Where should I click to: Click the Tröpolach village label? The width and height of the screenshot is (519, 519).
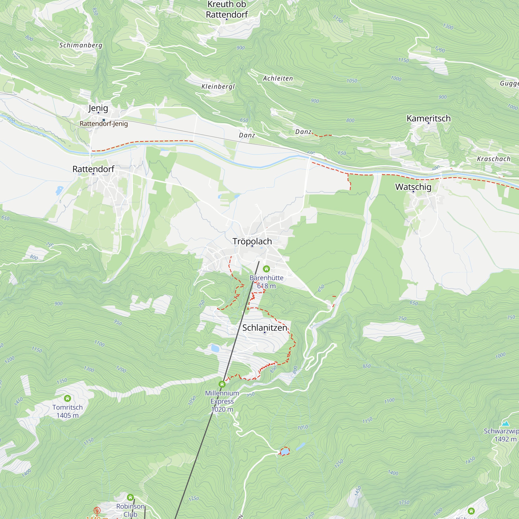click(x=252, y=241)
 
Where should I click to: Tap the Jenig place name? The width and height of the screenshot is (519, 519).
click(x=98, y=108)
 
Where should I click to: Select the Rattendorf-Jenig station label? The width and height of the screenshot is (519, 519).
click(x=104, y=124)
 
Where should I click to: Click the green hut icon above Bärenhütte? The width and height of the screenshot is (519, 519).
click(x=266, y=269)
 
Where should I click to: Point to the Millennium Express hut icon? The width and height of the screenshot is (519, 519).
click(x=222, y=384)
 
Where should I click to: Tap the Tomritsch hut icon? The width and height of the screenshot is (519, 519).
click(x=67, y=398)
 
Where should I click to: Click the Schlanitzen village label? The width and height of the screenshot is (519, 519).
click(x=265, y=328)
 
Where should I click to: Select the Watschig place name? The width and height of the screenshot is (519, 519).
click(x=413, y=187)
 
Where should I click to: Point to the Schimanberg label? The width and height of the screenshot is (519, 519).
click(x=81, y=45)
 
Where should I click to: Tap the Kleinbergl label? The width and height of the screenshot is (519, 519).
click(x=218, y=86)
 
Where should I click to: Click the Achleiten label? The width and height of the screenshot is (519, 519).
click(x=278, y=78)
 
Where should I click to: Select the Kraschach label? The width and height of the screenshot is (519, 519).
click(x=494, y=159)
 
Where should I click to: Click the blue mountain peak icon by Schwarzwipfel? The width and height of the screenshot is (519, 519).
click(x=506, y=424)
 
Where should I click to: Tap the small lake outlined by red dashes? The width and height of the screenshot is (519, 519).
click(x=285, y=451)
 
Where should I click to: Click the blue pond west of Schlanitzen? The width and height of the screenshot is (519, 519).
click(x=215, y=349)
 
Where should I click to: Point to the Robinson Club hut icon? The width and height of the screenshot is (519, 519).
click(x=130, y=497)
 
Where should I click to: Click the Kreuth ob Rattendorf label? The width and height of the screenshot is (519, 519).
click(x=227, y=9)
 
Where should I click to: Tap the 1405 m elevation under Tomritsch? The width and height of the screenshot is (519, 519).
click(x=67, y=415)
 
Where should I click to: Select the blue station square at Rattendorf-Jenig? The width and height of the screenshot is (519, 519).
click(x=104, y=120)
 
